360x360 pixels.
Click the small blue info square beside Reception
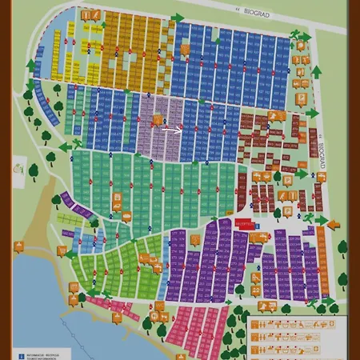point(258,226)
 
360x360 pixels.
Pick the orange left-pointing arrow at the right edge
point(333,224)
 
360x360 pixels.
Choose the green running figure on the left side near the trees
point(76,144)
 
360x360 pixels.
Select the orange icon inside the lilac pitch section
point(158,120)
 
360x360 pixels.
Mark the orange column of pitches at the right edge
point(322,261)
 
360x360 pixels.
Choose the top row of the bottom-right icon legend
point(292,324)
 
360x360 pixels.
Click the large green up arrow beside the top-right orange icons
point(315,72)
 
